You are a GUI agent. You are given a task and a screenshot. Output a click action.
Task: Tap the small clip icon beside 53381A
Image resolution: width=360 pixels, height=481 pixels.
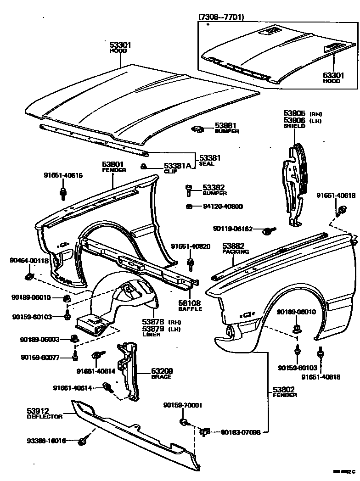[x=144, y=166]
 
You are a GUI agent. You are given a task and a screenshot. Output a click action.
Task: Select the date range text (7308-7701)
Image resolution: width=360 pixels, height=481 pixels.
[x=221, y=17]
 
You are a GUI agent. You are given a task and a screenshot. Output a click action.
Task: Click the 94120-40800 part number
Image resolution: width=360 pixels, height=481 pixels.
[x=223, y=207]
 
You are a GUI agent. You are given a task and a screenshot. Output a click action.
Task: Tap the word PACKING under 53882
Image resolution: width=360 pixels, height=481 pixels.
[x=236, y=252]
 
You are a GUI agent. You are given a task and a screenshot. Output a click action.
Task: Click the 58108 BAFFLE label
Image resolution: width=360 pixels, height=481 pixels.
[x=190, y=306]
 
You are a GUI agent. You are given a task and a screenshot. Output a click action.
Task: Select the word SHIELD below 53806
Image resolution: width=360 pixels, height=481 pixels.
[x=294, y=126]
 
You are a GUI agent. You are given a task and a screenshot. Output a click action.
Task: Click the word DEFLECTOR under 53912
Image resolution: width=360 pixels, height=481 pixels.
[x=44, y=417]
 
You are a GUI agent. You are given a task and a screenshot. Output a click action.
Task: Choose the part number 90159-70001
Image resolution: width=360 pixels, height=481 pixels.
[x=183, y=405]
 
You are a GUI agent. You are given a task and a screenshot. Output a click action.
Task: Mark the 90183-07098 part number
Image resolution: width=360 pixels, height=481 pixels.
[x=241, y=432]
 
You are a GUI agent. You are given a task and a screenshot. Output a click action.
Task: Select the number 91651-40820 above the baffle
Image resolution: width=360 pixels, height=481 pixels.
[x=191, y=246]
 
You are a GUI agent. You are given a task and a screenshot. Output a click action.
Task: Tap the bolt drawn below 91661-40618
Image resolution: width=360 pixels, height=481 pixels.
[x=342, y=211]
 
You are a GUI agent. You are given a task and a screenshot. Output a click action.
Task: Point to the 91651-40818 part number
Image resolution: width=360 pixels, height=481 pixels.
[x=321, y=377]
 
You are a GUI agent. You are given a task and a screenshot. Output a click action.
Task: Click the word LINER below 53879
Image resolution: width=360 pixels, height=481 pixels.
[x=151, y=335]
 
